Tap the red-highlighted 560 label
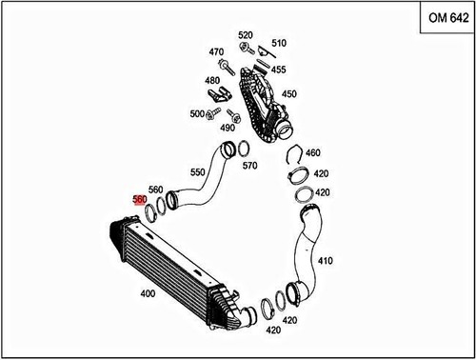[139, 200]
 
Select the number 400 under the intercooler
[148, 293]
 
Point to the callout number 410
[325, 260]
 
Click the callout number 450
[288, 93]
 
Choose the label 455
[278, 70]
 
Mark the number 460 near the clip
[313, 152]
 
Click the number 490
[228, 127]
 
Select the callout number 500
[197, 114]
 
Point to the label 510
[278, 43]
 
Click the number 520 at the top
[246, 34]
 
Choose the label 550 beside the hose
[198, 172]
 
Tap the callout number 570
[250, 166]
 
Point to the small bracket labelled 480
[221, 93]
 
